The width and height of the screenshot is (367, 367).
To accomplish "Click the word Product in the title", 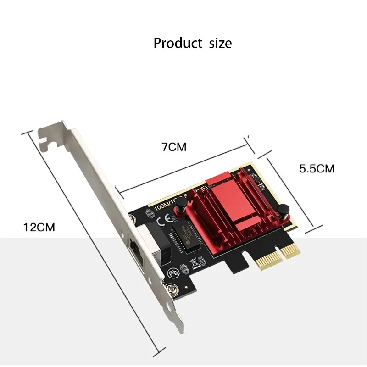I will (x=178, y=44).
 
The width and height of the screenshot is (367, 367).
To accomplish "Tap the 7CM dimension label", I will (x=174, y=147).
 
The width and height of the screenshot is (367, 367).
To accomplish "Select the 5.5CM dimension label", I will (x=317, y=168).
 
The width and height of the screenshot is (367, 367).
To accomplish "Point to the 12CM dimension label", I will (x=39, y=227).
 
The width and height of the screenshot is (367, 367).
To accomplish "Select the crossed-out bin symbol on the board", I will (x=193, y=263).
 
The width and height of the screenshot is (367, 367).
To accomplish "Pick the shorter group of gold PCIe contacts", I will (x=288, y=250).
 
